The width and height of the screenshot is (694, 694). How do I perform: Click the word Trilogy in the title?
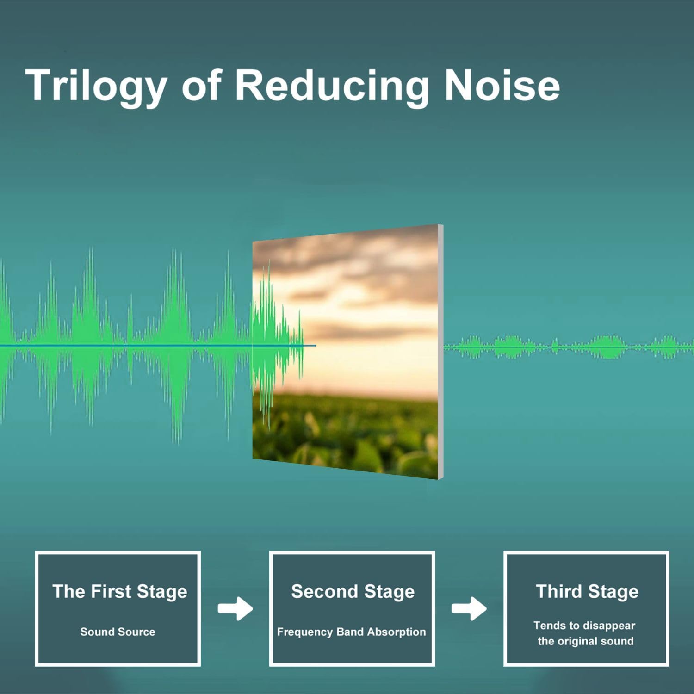[x=96, y=87]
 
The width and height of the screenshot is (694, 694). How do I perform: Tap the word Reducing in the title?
[x=332, y=87]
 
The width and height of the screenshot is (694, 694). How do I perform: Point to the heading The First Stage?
[x=120, y=592]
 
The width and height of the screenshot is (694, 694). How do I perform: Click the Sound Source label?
[x=118, y=632]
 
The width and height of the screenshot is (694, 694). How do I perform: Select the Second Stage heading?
[x=353, y=592]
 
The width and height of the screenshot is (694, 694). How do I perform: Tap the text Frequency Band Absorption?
[x=351, y=632]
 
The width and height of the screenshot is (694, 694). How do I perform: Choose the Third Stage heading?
[x=587, y=592]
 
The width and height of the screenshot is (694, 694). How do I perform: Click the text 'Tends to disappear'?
[x=584, y=626]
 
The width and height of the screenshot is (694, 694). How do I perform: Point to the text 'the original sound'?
[x=585, y=641]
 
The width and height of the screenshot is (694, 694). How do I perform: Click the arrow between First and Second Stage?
[x=235, y=608]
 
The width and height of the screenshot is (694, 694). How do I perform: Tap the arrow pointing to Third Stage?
[x=469, y=608]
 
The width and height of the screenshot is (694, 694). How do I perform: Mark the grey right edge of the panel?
[x=441, y=352]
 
